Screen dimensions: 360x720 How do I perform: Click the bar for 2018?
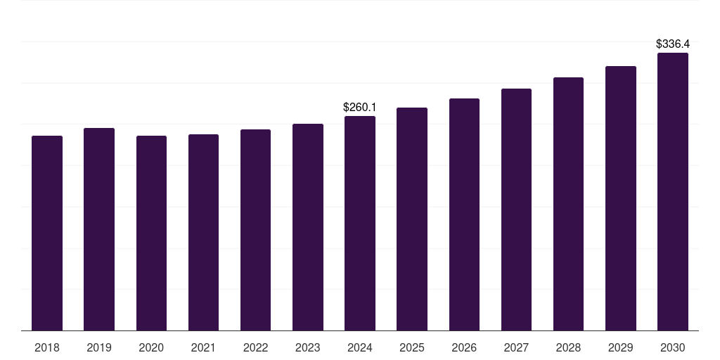coord(47,233)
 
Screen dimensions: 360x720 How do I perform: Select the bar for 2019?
coord(99,229)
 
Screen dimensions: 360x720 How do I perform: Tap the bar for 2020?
coord(151,233)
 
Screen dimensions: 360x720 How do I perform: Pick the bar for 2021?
coord(203,232)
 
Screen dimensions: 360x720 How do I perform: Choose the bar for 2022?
coord(255,230)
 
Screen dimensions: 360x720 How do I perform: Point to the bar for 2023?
coord(308,227)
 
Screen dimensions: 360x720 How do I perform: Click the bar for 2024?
coord(360,223)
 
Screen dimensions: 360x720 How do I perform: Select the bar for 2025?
coord(412,219)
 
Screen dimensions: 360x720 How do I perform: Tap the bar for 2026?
coord(464,214)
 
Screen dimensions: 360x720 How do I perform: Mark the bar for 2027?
coord(516,210)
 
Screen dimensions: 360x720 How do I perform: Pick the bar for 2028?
coord(568,204)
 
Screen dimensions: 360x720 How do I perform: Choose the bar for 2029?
coord(621,198)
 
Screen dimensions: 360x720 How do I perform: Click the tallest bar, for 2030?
coord(673,191)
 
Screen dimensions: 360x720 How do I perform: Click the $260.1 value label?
coord(360,108)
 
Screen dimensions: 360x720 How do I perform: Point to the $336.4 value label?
coord(673,44)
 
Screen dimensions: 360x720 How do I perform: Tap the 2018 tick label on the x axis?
coord(47,347)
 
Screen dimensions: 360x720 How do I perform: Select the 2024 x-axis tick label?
coord(360,347)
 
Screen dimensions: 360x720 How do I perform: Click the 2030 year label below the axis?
coord(673,347)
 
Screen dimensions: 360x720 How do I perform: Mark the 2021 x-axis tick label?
coord(203,347)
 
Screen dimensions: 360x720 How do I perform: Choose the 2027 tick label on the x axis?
coord(516,347)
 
